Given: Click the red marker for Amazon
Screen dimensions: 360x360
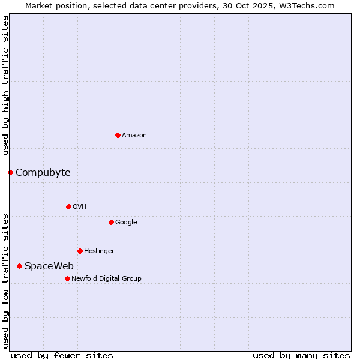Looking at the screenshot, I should point(118,135).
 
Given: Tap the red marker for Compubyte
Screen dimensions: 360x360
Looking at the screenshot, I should point(10,173).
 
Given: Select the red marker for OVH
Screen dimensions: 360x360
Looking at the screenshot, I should point(68,206).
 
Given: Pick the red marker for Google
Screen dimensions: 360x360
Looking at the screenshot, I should point(111,222).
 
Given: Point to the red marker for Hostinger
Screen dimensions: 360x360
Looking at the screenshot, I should point(80,251).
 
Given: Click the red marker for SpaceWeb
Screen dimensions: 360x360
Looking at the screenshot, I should point(19,266).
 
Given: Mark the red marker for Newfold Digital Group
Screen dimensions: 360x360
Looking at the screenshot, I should point(67,278).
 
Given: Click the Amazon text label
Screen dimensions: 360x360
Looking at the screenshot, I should point(134,136).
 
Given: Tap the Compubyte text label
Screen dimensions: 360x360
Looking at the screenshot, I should point(43,173).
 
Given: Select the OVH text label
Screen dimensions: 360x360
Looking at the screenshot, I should point(80,207).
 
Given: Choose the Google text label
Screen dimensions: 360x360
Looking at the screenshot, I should point(126,223).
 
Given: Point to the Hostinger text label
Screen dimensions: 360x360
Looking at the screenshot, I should point(99,251).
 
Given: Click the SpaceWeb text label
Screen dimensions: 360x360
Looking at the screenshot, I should point(49,266).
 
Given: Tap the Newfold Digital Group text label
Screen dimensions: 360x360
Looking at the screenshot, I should point(106,279).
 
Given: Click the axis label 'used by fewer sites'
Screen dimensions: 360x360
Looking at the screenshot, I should point(62,355).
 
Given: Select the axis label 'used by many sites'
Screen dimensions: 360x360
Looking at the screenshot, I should point(301,355).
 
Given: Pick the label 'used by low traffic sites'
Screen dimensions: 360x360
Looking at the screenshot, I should point(5,280).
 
